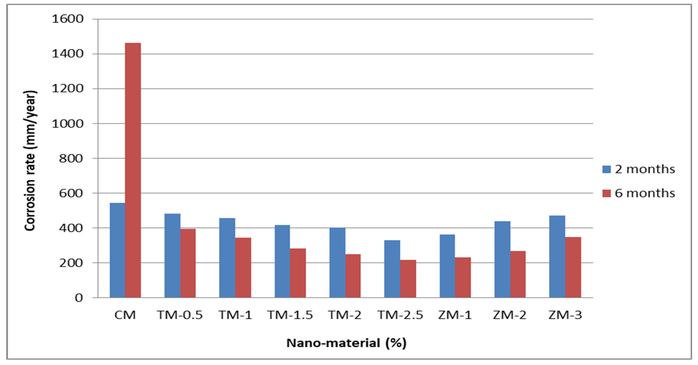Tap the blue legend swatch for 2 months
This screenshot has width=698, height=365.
point(606,169)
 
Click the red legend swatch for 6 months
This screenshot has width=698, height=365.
point(606,193)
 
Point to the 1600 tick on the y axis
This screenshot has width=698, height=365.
point(67,19)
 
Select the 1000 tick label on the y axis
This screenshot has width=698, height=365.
point(67,124)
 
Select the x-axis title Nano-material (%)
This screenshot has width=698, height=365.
point(346,343)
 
